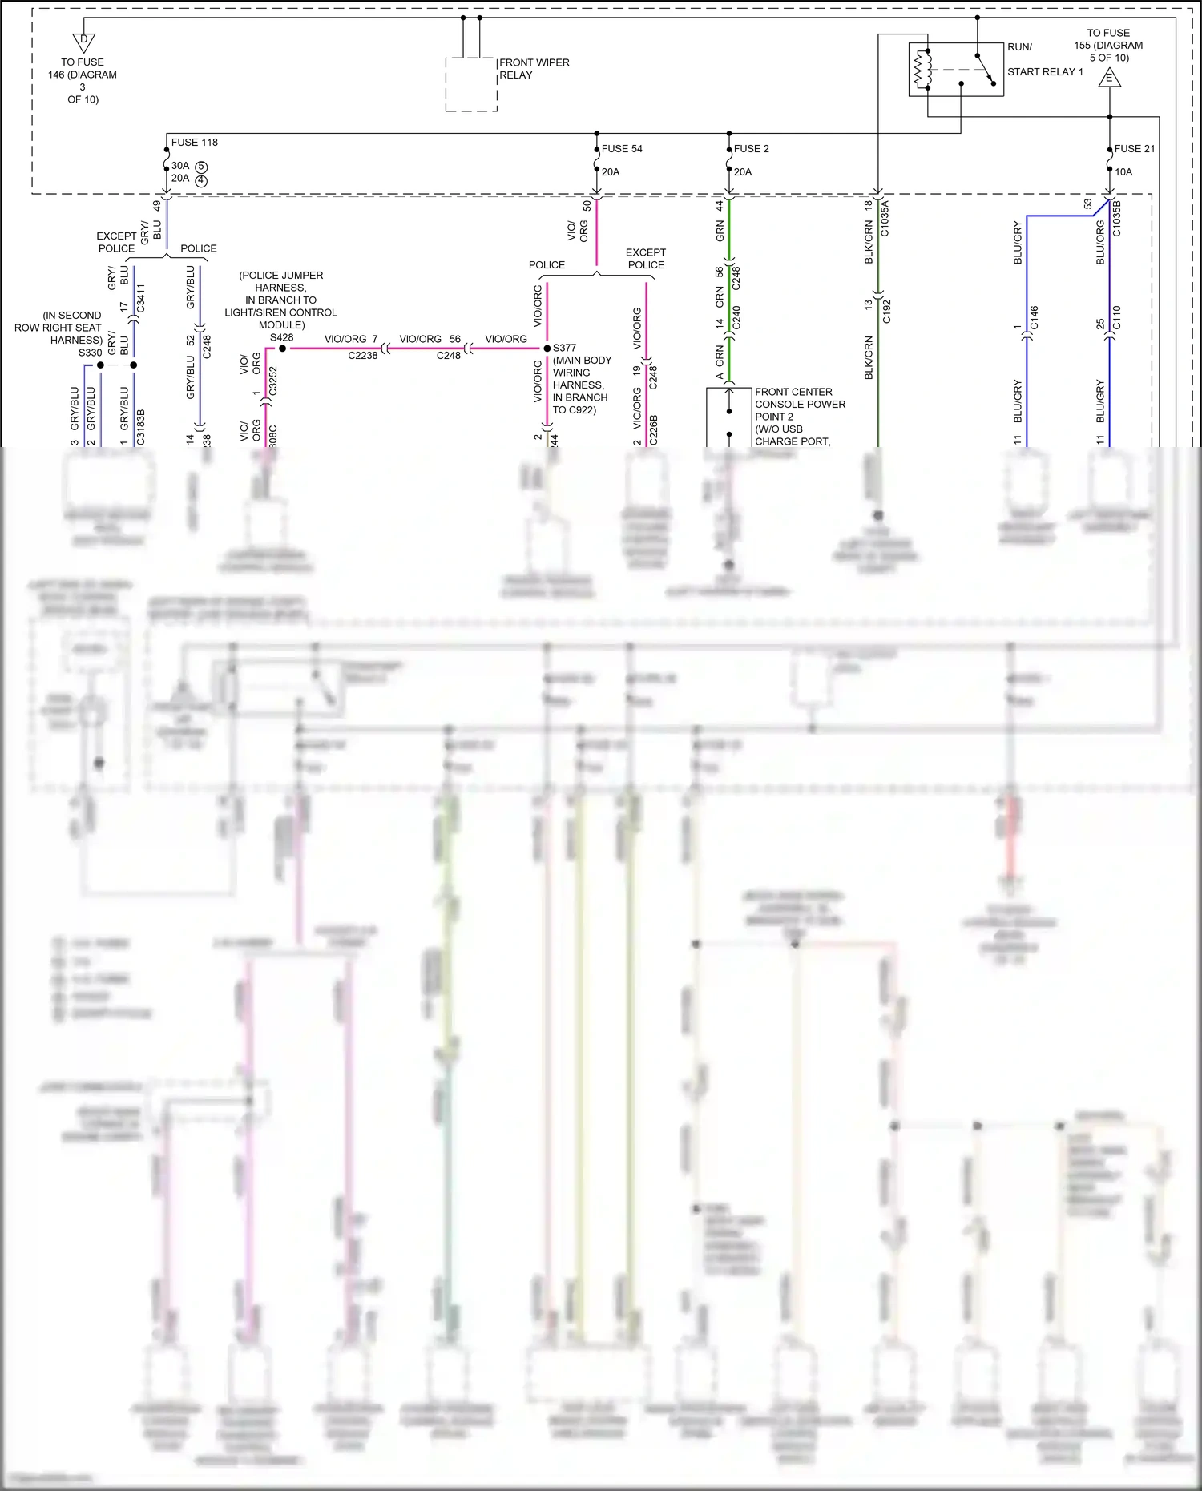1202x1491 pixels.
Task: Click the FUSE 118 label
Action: point(194,143)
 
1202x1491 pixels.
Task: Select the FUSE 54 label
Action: point(622,149)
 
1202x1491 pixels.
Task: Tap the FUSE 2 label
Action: point(751,149)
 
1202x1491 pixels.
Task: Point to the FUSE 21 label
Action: point(1134,149)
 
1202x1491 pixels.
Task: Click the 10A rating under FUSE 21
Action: point(1123,172)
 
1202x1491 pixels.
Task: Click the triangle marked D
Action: point(83,42)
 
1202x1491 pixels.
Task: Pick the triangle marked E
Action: point(1110,78)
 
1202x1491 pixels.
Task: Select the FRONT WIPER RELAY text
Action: point(534,69)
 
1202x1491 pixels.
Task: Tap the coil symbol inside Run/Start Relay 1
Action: point(923,70)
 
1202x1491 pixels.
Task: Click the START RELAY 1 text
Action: point(1045,72)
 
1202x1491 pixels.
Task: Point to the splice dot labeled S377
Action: point(547,349)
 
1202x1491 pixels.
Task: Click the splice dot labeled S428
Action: point(282,349)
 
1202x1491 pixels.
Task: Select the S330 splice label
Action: point(90,353)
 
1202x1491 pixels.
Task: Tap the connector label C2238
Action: point(362,356)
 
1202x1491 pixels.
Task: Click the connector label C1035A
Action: point(885,219)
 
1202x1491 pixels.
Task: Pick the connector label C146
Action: point(1034,317)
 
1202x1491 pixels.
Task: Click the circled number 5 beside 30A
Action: point(201,167)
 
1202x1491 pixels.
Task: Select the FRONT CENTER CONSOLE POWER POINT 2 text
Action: point(799,405)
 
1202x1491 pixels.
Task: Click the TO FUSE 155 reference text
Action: point(1108,46)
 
